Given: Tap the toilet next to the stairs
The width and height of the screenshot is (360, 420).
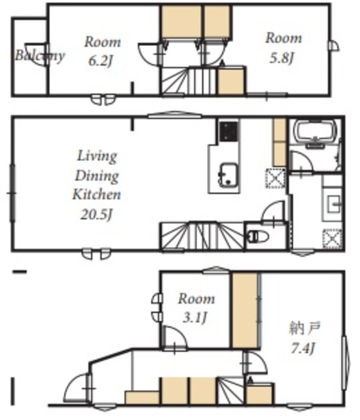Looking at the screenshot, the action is tap(258, 237).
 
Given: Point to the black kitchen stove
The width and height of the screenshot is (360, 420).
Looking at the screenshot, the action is tap(229, 131).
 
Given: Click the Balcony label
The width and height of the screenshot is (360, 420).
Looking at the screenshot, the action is tap(39, 56).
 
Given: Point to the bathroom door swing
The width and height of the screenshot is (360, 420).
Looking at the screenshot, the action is tap(302, 161).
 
